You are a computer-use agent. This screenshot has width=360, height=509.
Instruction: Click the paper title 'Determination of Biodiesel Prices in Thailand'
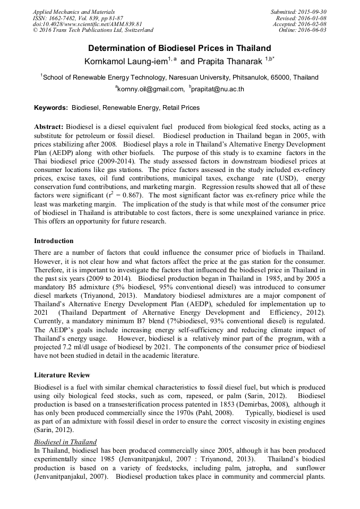point(179,48)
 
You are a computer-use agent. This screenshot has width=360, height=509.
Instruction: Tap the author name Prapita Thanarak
point(235,62)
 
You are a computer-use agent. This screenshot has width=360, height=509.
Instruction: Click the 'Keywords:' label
point(51,108)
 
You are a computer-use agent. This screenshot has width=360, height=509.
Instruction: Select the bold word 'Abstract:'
point(49,127)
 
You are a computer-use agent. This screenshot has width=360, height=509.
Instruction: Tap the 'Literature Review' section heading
point(62,375)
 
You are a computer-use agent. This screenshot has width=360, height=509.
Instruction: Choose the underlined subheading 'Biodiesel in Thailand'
point(65,442)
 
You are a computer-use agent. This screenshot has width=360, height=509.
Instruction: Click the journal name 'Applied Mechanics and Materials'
point(74,12)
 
